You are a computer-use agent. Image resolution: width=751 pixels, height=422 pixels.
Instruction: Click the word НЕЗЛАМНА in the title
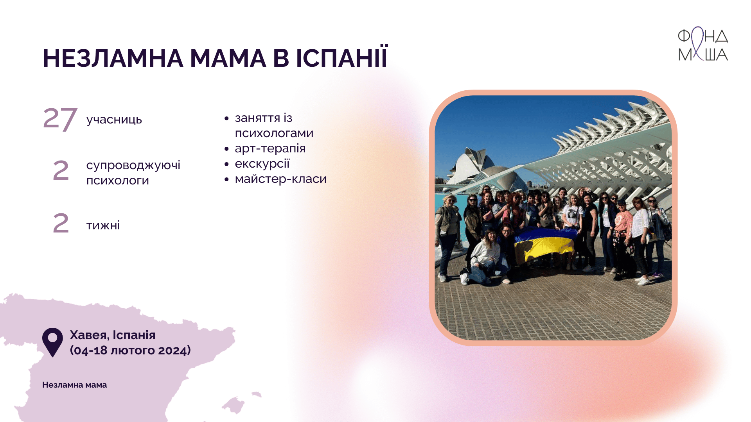[113, 58]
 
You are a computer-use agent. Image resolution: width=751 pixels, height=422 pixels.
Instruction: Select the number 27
[60, 119]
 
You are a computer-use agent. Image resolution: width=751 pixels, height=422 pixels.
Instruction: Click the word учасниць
[114, 120]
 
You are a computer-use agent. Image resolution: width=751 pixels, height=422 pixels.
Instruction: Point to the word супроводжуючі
[133, 165]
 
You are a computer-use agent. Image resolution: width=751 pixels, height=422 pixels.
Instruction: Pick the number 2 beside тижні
[61, 223]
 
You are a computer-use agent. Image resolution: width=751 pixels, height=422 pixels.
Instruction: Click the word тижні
[103, 225]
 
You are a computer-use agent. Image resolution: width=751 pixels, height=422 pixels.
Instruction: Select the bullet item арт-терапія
[270, 148]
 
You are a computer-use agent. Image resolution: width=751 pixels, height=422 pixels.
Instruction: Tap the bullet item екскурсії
[262, 164]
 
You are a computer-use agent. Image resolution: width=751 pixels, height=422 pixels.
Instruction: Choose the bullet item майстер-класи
[281, 179]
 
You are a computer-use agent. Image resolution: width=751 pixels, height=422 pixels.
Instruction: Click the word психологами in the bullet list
[274, 133]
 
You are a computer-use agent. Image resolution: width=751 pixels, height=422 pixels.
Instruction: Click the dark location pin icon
[52, 342]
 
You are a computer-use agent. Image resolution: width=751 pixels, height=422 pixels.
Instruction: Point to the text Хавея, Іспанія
[113, 335]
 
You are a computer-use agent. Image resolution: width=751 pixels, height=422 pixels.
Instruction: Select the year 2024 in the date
[172, 350]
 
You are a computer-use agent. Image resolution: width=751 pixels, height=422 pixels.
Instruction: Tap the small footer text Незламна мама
[74, 385]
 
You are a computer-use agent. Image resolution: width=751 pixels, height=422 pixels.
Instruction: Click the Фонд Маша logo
[703, 44]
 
